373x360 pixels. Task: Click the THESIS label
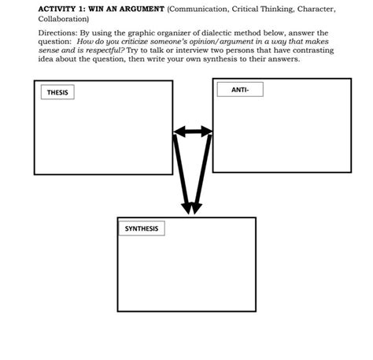coord(57,93)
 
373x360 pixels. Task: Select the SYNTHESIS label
coord(141,228)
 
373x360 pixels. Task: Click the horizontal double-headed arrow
coord(193,130)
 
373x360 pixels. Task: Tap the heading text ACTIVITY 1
coord(61,9)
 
